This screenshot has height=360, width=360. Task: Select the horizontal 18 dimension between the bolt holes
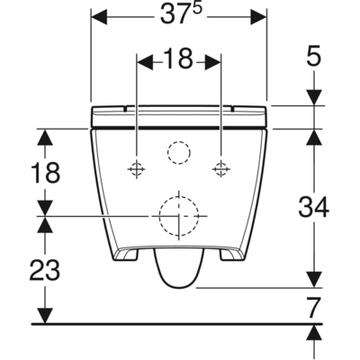[x=179, y=61]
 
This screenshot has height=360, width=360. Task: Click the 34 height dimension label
[x=313, y=207]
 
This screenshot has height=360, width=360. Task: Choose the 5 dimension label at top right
[x=312, y=58]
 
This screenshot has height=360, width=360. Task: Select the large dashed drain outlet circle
[x=178, y=216]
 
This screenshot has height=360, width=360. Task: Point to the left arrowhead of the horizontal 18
[x=143, y=61]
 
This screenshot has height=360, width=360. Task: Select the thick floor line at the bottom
[x=171, y=323]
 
